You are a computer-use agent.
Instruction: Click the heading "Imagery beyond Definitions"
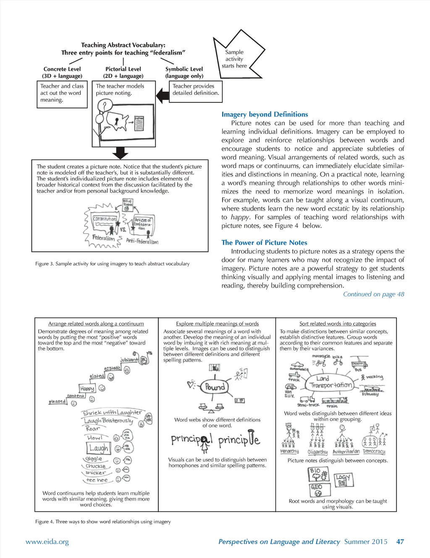pos(265,114)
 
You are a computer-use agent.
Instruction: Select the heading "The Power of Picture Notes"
pos(264,242)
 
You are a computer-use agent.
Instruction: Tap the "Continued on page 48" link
pos(373,294)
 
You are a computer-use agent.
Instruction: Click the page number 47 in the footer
pos(400,541)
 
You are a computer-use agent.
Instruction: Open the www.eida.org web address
pos(47,542)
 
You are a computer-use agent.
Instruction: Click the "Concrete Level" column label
pos(62,69)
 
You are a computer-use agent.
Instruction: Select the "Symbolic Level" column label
pos(184,69)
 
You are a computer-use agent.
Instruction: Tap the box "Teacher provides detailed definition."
pos(196,89)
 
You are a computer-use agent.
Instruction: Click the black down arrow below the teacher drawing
pos(120,153)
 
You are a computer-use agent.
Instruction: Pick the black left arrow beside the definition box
pos(162,96)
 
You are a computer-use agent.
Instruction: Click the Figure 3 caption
pos(112,264)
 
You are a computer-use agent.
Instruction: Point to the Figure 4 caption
pos(103,521)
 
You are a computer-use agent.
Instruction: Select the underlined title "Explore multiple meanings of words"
pos(217,324)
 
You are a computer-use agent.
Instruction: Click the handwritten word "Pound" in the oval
pos(215,387)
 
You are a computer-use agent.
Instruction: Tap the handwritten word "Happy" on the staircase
pos(87,388)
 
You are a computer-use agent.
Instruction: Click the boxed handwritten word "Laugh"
pos(99,448)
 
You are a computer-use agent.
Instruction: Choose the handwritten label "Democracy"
pos(374,451)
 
